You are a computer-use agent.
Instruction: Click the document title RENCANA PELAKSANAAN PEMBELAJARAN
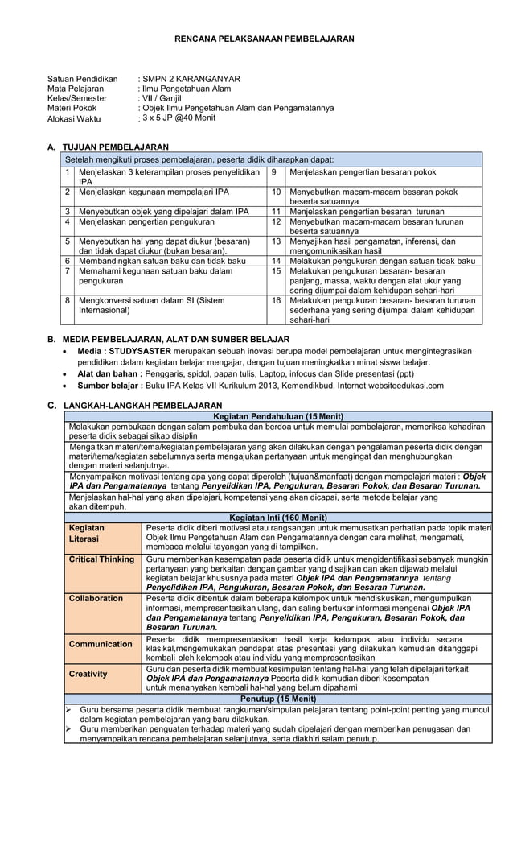click(x=265, y=39)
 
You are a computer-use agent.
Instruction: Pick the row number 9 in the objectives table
click(x=274, y=172)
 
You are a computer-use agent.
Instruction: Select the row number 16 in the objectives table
click(x=276, y=300)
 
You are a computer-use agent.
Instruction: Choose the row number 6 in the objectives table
click(x=68, y=261)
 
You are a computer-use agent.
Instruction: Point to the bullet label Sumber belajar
click(x=109, y=386)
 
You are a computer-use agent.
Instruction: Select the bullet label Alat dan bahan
click(x=109, y=374)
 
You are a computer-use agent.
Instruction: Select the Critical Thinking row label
click(x=101, y=559)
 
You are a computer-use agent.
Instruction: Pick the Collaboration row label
click(x=96, y=599)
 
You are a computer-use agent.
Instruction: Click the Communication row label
click(x=101, y=644)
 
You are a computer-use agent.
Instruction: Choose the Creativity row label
click(x=88, y=674)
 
